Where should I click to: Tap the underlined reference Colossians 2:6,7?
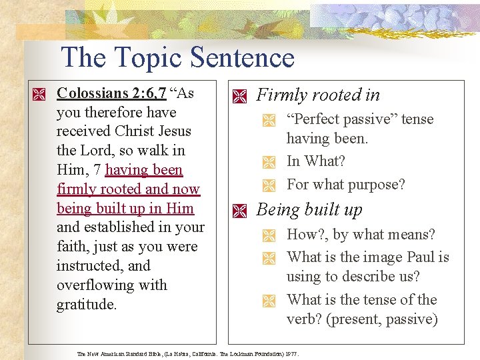pyautogui.click(x=111, y=93)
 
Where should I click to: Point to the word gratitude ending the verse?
pyautogui.click(x=87, y=305)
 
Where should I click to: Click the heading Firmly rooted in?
pyautogui.click(x=318, y=95)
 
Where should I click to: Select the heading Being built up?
pyautogui.click(x=309, y=209)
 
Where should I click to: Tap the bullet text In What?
pyautogui.click(x=316, y=161)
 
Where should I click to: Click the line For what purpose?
pyautogui.click(x=345, y=184)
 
